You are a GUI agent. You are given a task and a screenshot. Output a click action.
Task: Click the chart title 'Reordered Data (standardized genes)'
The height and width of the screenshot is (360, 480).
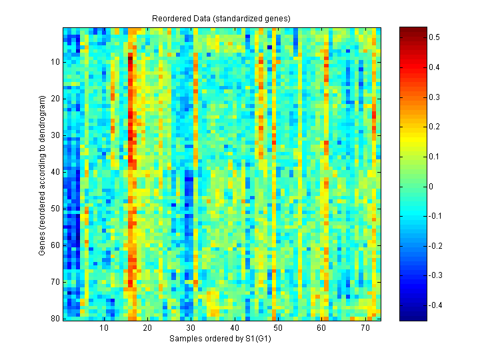(222, 18)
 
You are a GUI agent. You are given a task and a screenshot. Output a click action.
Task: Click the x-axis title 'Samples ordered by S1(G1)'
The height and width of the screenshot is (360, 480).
(222, 339)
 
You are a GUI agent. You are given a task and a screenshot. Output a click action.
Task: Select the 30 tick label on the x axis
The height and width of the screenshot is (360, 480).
(191, 329)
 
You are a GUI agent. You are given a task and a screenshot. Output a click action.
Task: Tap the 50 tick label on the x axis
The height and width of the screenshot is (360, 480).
(278, 329)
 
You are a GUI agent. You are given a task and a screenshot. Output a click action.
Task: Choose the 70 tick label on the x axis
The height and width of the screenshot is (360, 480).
(365, 329)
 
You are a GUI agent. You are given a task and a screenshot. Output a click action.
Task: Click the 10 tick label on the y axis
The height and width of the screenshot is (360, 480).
(55, 61)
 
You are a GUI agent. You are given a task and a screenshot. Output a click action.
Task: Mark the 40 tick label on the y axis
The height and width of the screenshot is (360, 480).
(55, 171)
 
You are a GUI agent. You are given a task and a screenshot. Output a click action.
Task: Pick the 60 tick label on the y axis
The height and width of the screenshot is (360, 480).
(55, 245)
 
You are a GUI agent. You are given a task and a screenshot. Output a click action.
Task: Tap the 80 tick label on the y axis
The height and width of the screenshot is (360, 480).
(55, 319)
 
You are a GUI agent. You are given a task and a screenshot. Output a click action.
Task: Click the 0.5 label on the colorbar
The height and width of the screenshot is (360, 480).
(433, 38)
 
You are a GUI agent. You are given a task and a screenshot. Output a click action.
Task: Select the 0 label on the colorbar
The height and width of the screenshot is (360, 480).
(431, 187)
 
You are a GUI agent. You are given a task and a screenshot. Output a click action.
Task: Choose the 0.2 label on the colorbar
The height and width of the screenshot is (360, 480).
(433, 127)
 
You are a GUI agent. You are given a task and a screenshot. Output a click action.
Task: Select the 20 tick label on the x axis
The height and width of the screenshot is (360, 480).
(147, 329)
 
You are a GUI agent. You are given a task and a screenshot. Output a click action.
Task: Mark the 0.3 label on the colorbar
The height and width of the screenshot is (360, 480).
(433, 97)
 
